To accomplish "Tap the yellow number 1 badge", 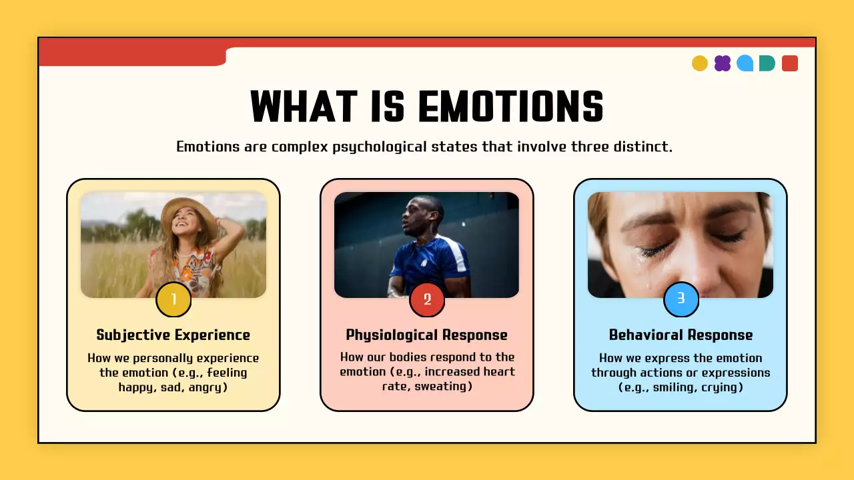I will point(173,299).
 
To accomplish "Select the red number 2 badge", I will point(427,299).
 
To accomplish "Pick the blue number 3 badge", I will point(681,299).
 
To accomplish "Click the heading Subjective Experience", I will point(173,335).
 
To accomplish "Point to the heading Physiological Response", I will point(427,335).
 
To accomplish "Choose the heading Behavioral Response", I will point(681,335).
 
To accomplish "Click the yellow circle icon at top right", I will point(700,63).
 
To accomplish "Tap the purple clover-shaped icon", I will point(723,63).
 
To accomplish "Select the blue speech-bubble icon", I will point(745,63).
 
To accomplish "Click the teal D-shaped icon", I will point(767,63).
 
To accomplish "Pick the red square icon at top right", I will point(790,63).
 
